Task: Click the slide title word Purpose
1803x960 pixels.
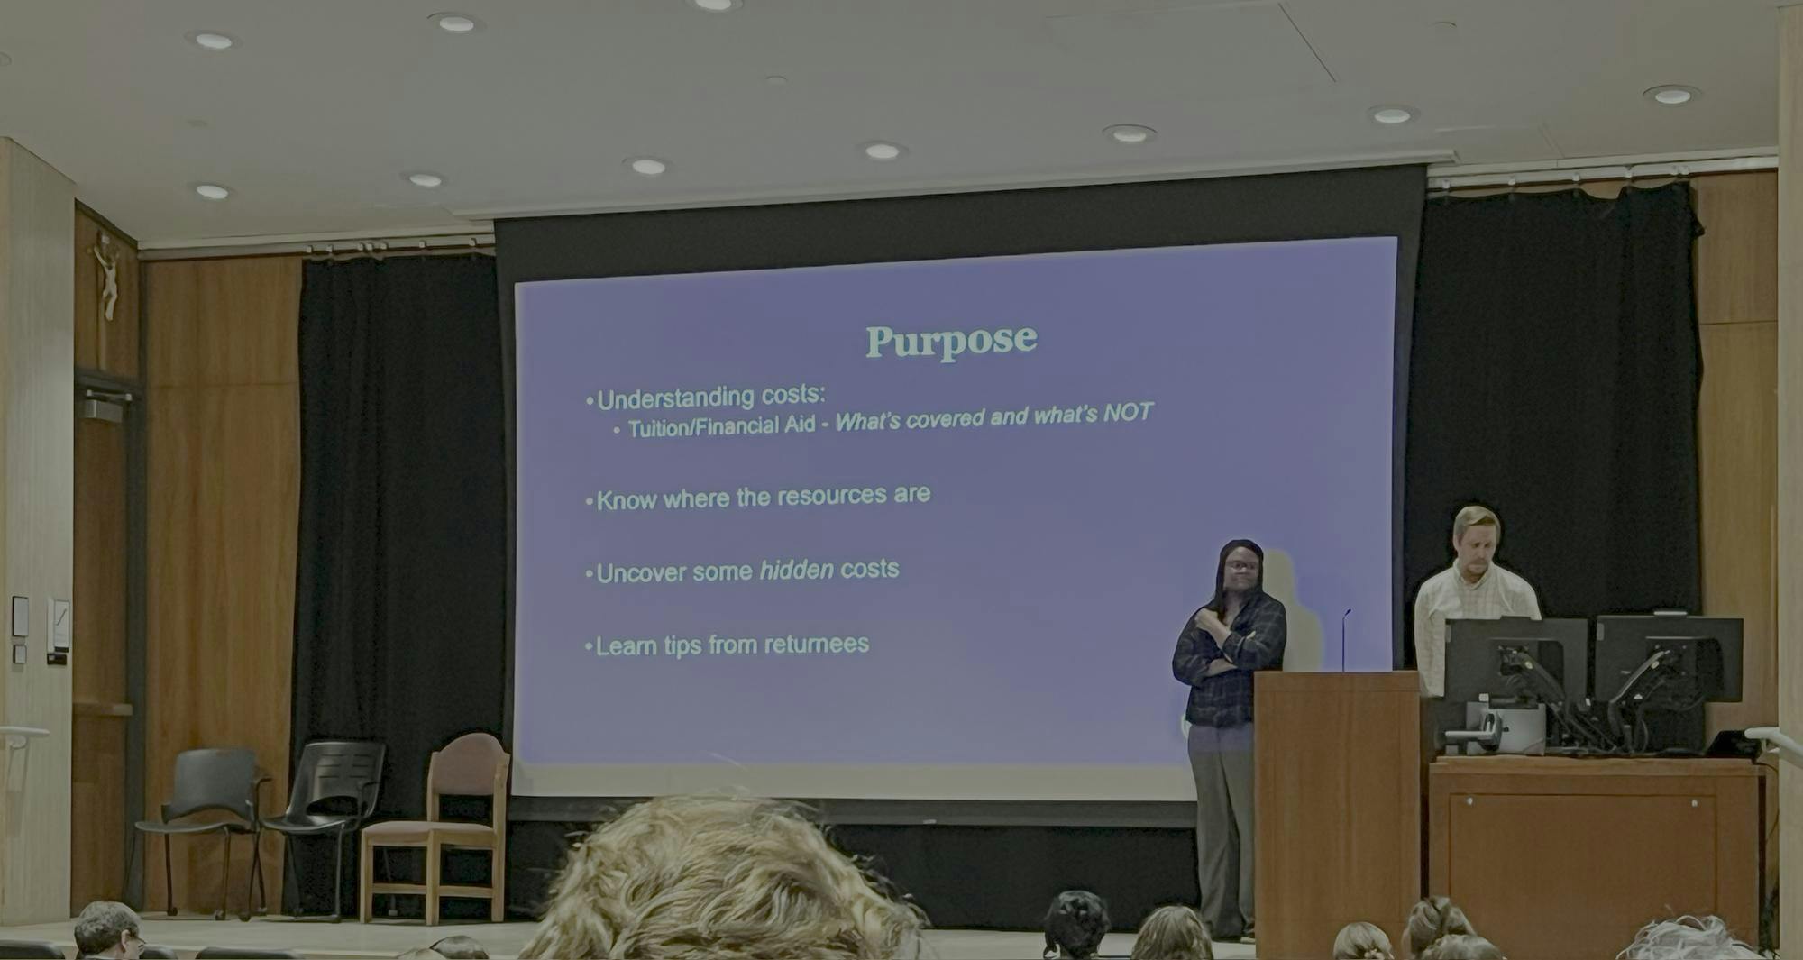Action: point(951,341)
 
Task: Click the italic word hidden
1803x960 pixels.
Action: point(797,570)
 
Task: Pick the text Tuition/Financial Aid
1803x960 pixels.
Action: point(721,426)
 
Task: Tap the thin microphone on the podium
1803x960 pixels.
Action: point(1344,640)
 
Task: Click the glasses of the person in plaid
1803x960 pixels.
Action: point(1242,565)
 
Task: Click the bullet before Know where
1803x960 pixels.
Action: point(590,501)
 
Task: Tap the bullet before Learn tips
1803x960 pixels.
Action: point(590,646)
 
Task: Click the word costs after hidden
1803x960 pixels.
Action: point(869,569)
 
